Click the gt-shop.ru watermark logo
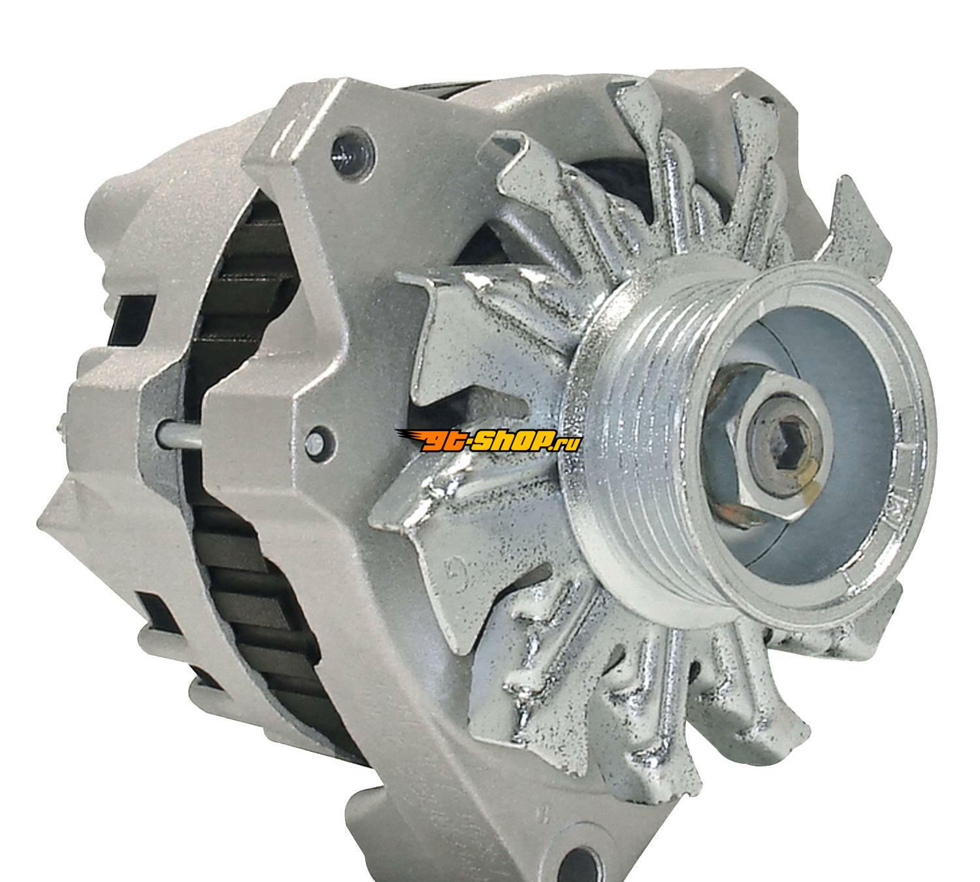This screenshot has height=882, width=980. coord(488,440)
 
